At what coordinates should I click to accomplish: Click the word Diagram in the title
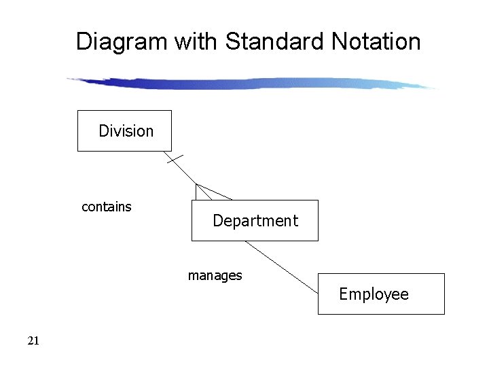tap(122, 41)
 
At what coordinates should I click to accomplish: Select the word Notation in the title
tap(376, 41)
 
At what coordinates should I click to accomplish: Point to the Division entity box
tap(124, 130)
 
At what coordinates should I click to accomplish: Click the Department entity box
tap(255, 220)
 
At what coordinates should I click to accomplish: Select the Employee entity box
tap(381, 294)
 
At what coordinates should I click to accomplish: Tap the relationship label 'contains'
tap(107, 207)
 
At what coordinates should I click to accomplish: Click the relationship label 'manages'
tap(215, 275)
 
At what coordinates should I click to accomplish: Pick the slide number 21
tap(33, 341)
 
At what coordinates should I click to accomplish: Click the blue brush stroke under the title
tap(251, 84)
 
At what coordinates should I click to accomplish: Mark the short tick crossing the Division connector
tap(174, 160)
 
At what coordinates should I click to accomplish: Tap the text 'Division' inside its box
tap(126, 130)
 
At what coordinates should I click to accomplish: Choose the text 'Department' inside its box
tap(255, 221)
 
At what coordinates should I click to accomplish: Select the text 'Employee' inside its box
tap(374, 294)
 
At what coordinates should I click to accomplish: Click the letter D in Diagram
tap(84, 41)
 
